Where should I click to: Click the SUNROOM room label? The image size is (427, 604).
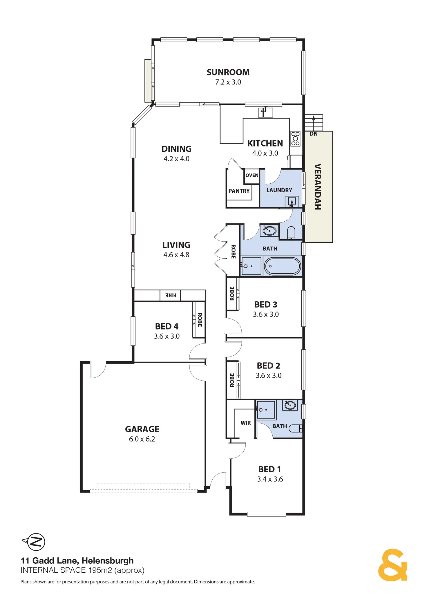[x=228, y=72]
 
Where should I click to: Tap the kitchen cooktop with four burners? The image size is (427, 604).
[x=295, y=139]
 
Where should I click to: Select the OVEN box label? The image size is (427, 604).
[x=252, y=175]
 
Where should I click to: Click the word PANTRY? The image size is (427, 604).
[x=239, y=191]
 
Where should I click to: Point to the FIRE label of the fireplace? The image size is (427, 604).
[x=171, y=296]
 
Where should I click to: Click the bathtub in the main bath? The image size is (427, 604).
[x=283, y=266]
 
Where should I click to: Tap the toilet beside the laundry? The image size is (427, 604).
[x=291, y=233]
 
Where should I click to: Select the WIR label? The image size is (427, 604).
[x=245, y=423]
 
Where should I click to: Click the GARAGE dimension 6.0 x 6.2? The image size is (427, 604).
[x=142, y=439]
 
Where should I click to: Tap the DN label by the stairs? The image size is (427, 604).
[x=313, y=134]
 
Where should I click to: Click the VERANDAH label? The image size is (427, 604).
[x=318, y=187]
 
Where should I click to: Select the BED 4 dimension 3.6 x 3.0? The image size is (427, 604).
[x=167, y=336]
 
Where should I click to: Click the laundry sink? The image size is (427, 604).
[x=291, y=201]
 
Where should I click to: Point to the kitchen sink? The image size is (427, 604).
[x=265, y=112]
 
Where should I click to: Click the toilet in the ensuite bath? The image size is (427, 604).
[x=295, y=428]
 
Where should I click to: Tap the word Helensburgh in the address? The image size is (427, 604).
[x=107, y=560]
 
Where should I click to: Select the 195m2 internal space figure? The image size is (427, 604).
[x=100, y=570]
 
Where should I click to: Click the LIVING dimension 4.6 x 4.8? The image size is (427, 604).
[x=176, y=255]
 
